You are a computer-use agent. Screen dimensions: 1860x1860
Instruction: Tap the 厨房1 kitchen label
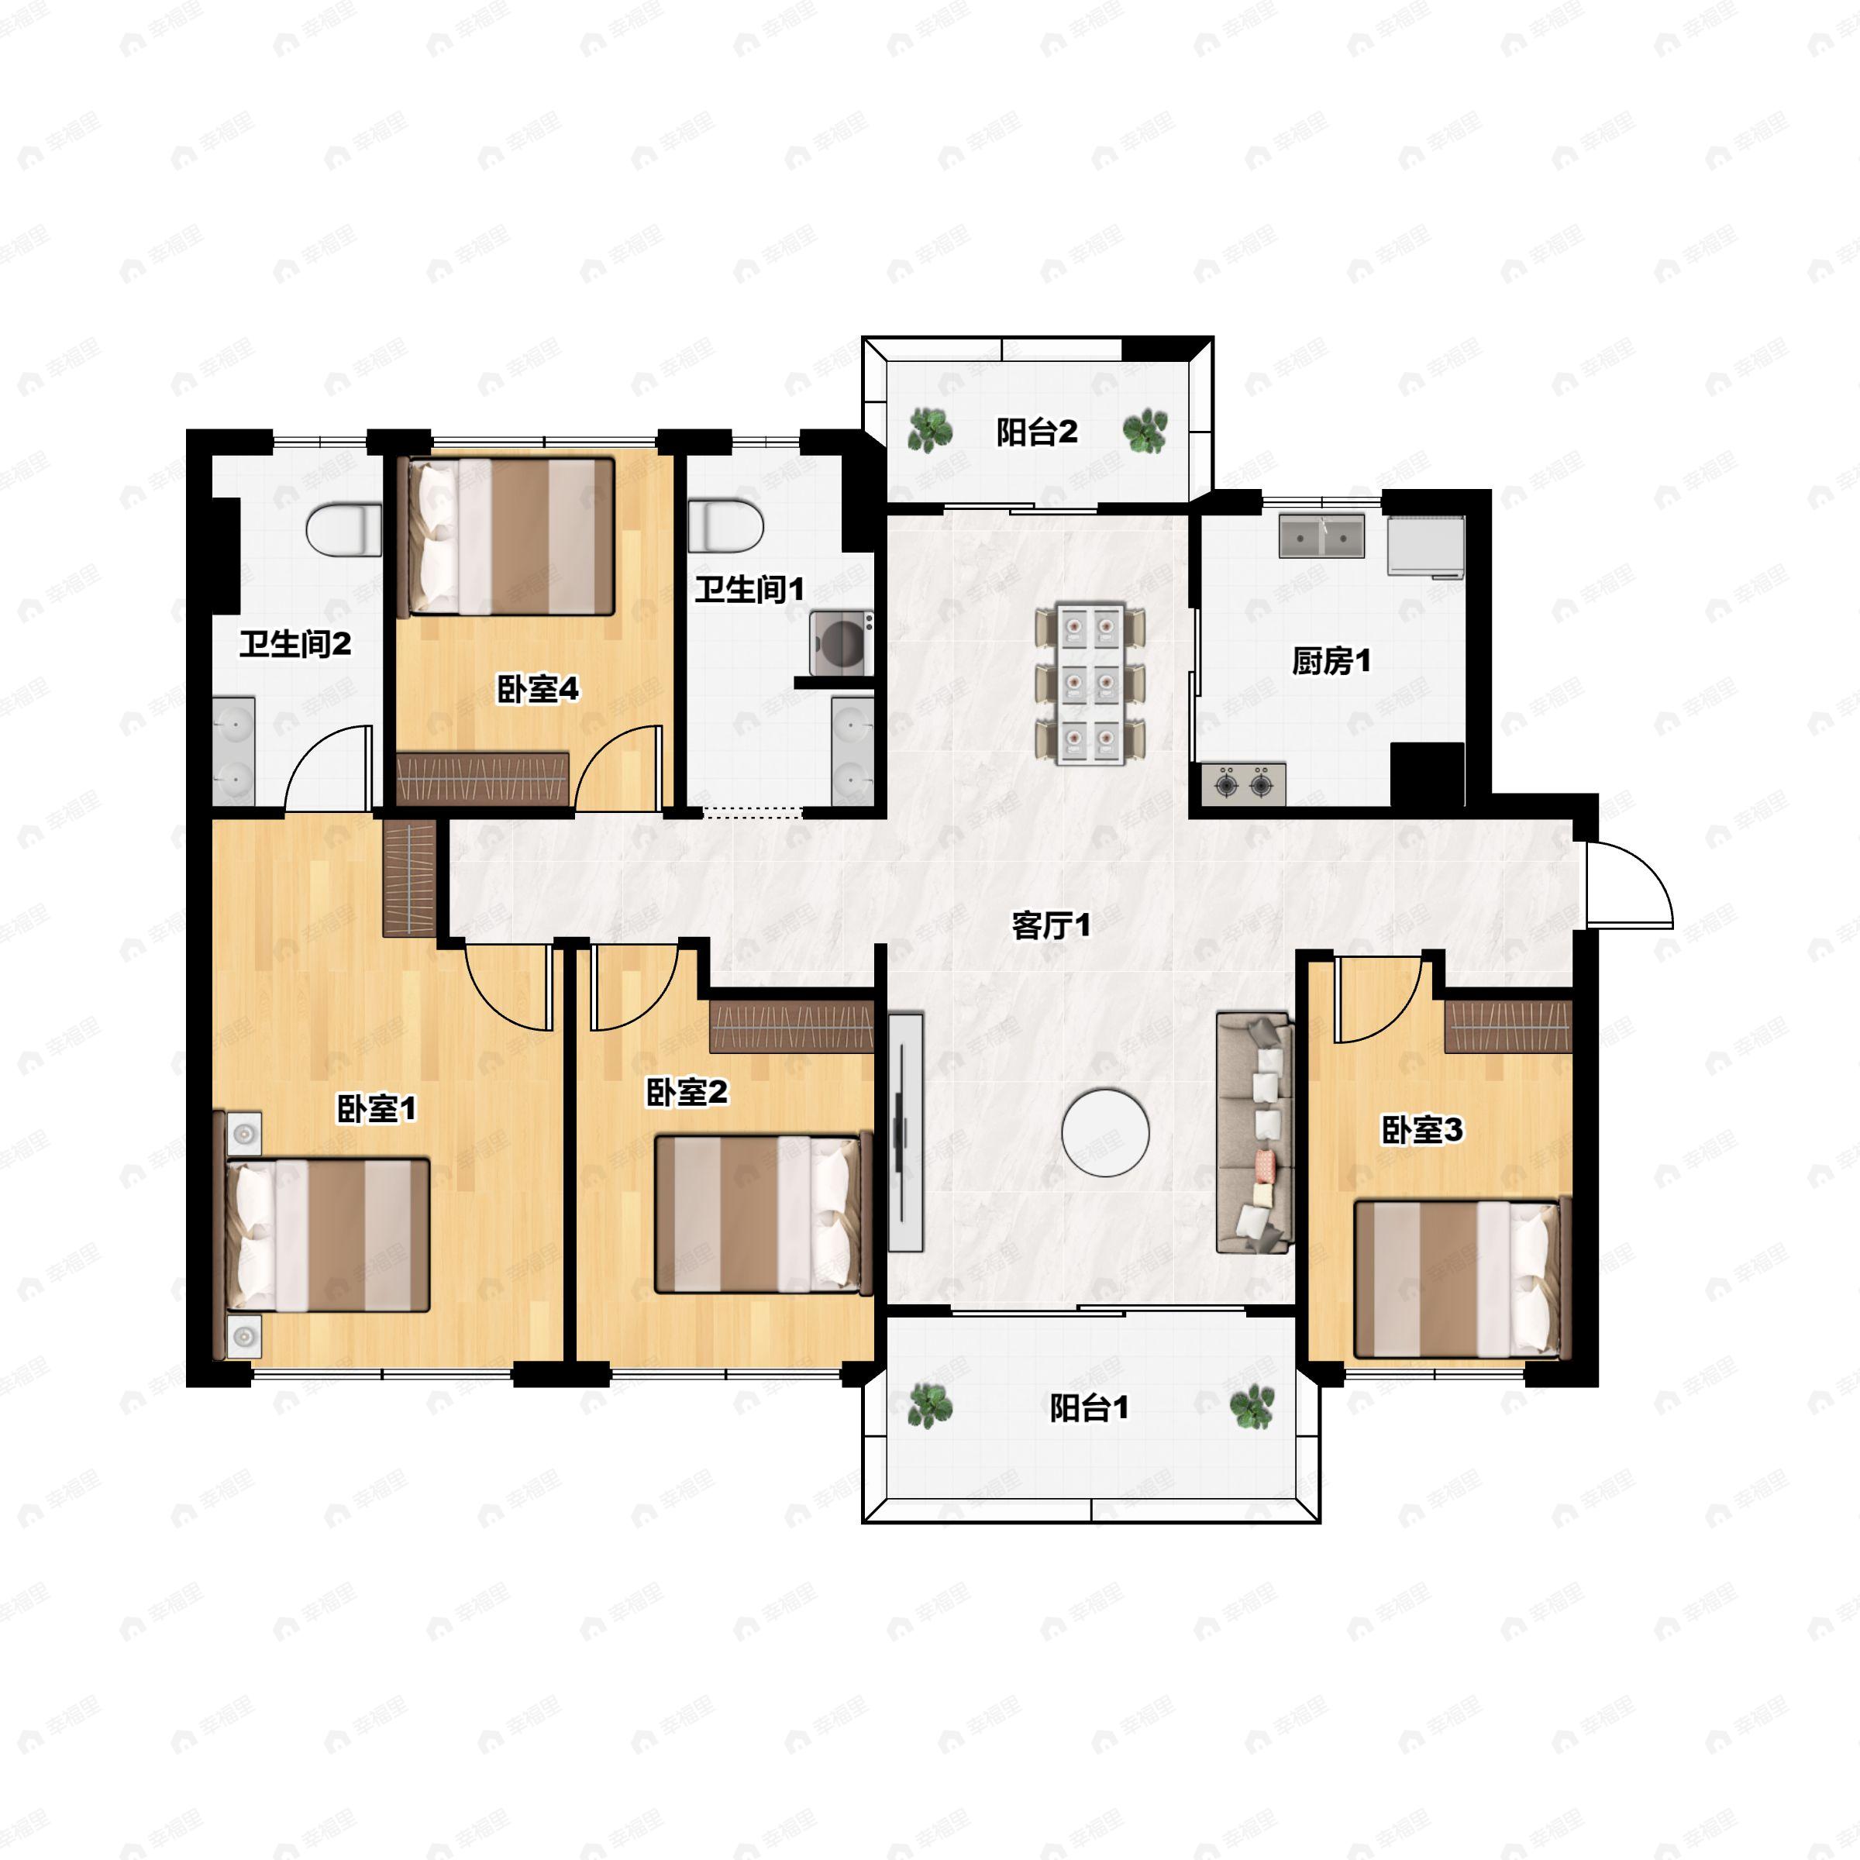pyautogui.click(x=1331, y=661)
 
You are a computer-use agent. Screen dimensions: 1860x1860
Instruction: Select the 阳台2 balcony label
pyautogui.click(x=1037, y=432)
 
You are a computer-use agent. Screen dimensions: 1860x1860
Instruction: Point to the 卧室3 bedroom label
pyautogui.click(x=1422, y=1130)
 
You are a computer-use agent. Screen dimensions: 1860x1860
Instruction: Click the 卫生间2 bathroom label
pyautogui.click(x=295, y=643)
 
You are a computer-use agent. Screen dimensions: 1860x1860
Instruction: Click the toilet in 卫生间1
pyautogui.click(x=727, y=525)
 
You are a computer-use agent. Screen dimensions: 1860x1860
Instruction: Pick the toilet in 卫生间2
pyautogui.click(x=343, y=530)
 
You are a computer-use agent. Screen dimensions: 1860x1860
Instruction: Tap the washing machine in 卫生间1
pyautogui.click(x=842, y=643)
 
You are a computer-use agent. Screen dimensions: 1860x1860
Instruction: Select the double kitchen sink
pyautogui.click(x=1322, y=536)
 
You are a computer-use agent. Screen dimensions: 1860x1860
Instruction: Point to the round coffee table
pyautogui.click(x=1105, y=1132)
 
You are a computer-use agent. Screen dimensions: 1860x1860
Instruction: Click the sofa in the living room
pyautogui.click(x=1255, y=1132)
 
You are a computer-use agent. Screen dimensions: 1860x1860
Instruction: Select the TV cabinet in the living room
pyautogui.click(x=905, y=1132)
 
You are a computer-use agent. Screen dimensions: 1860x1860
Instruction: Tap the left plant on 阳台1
pyautogui.click(x=930, y=1407)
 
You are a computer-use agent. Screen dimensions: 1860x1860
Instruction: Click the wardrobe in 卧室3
pyautogui.click(x=1509, y=1026)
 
